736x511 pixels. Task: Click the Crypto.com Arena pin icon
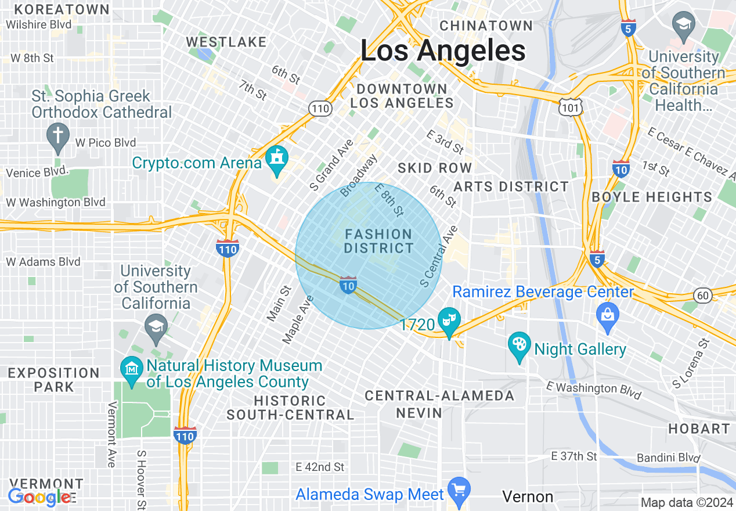coord(277,160)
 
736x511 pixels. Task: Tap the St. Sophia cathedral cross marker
coord(57,135)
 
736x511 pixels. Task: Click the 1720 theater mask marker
coord(449,321)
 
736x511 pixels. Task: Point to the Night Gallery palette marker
coord(519,345)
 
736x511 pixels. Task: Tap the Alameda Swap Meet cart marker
coord(459,490)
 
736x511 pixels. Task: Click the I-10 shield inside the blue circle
coord(348,285)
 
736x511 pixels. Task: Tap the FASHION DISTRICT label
coord(378,241)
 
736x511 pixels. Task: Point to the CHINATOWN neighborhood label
coord(486,26)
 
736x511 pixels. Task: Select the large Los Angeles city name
coord(443,51)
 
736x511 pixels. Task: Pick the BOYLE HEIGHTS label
coord(652,197)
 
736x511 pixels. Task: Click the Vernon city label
coord(528,496)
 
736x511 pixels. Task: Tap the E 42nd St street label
coord(320,467)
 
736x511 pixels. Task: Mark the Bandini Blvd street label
coord(668,458)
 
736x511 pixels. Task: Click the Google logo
coord(39,497)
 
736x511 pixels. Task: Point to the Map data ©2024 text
coord(687,502)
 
